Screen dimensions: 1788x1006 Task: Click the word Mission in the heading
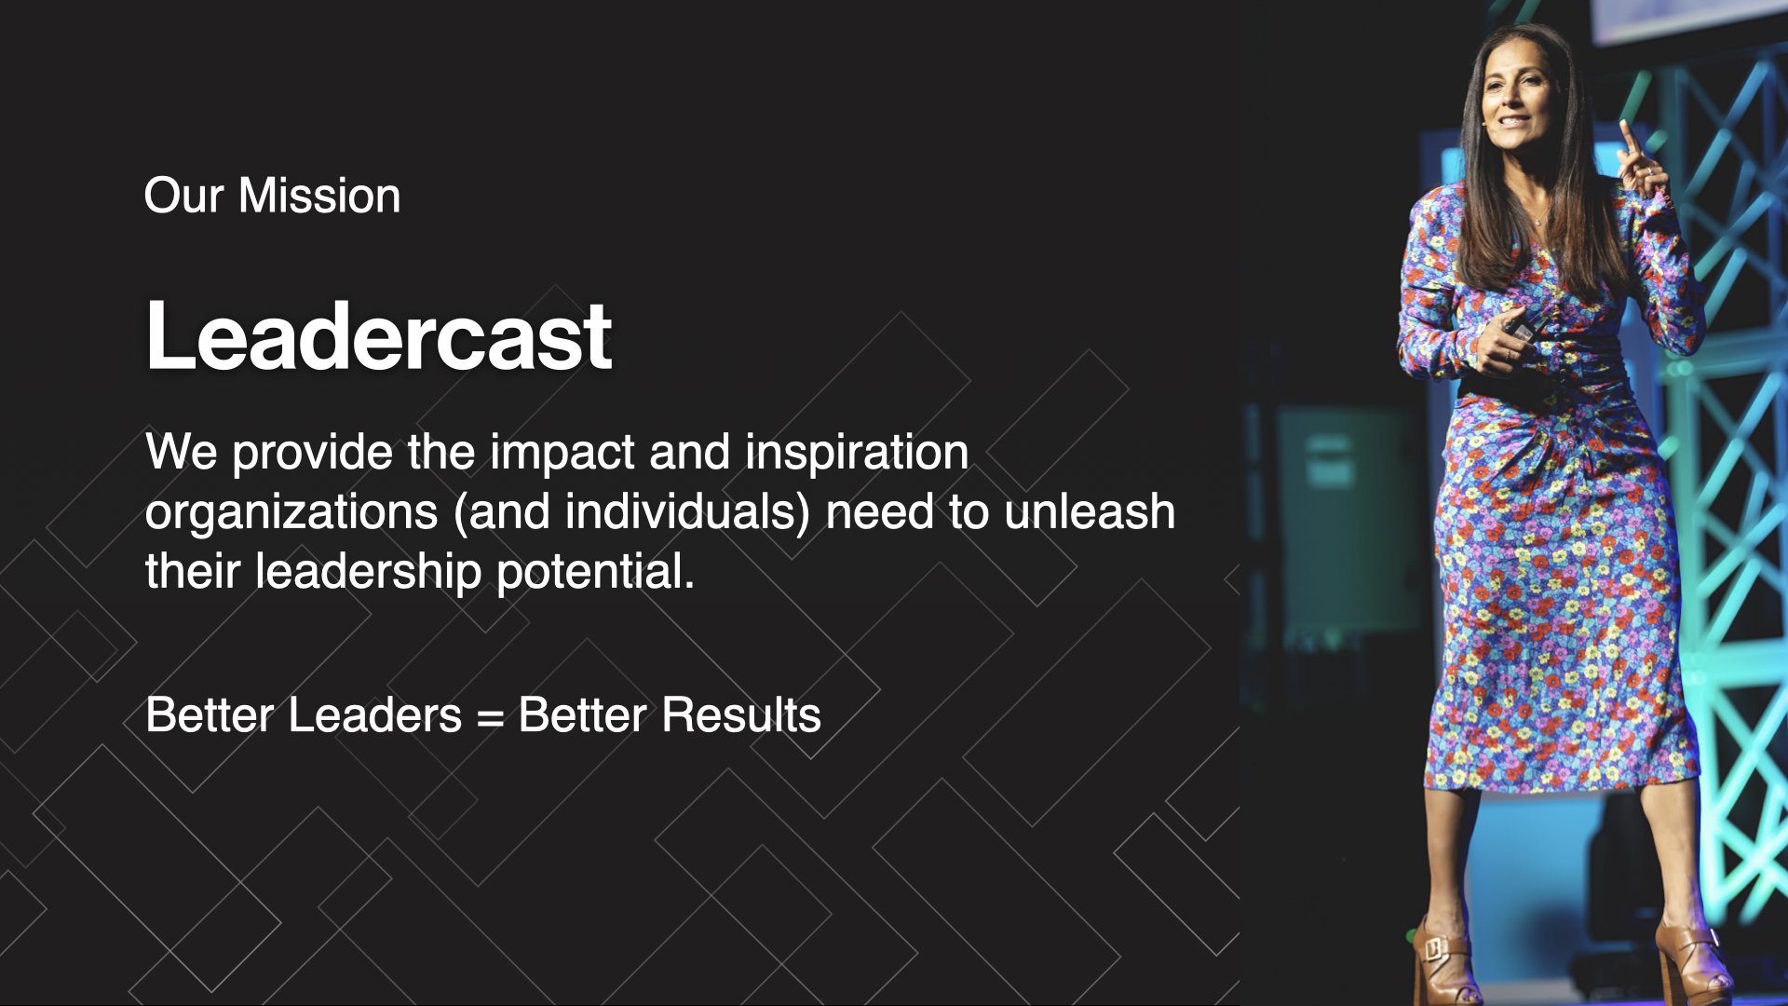coord(319,196)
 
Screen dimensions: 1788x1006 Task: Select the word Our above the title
coord(184,196)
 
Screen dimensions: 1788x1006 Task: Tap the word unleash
coord(1090,512)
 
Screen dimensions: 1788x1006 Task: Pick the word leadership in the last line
coord(369,573)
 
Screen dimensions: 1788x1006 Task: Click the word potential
coord(596,573)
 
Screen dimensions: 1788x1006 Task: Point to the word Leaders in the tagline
coord(375,715)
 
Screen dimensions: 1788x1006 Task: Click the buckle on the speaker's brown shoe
coord(1433,948)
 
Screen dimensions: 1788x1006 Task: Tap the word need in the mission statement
coord(879,512)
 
